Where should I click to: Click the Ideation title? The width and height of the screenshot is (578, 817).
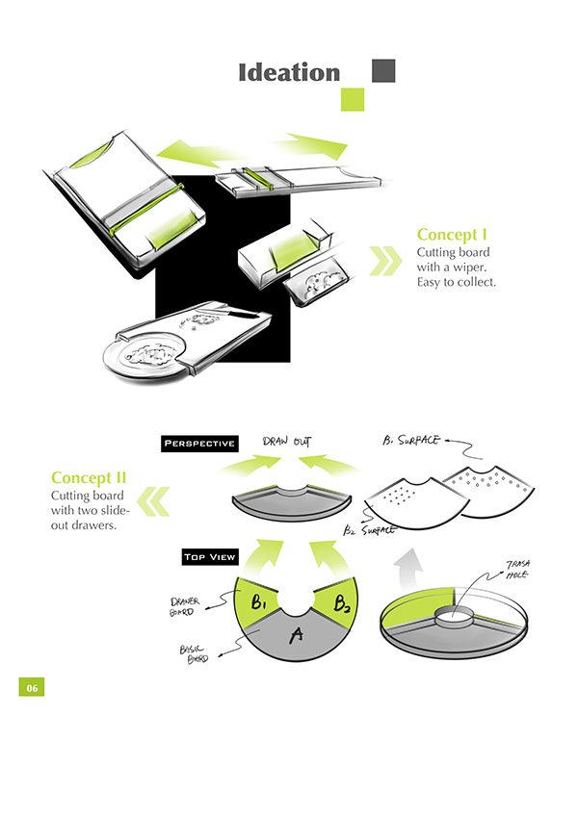[289, 72]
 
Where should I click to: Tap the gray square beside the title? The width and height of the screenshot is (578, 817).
[383, 71]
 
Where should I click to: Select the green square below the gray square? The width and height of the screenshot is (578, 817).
[353, 99]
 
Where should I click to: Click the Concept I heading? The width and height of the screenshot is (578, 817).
[452, 235]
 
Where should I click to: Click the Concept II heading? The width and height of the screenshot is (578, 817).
[89, 478]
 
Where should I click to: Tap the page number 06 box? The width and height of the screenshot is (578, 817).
[32, 687]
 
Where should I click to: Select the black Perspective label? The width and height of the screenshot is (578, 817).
[199, 444]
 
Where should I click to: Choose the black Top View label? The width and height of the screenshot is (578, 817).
[210, 557]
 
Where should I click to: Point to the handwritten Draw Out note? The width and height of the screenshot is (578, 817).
[287, 442]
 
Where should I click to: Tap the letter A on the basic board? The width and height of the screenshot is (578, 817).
[297, 635]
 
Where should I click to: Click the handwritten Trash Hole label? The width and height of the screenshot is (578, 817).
[517, 569]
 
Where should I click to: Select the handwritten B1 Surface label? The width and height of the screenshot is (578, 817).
[411, 441]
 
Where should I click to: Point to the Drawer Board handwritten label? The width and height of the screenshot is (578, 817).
[184, 607]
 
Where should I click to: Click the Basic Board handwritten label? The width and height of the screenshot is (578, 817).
[194, 654]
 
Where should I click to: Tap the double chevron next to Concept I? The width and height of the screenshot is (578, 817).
[385, 261]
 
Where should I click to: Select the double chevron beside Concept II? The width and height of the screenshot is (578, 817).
[153, 501]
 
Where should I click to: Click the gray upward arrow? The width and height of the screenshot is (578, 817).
[409, 569]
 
